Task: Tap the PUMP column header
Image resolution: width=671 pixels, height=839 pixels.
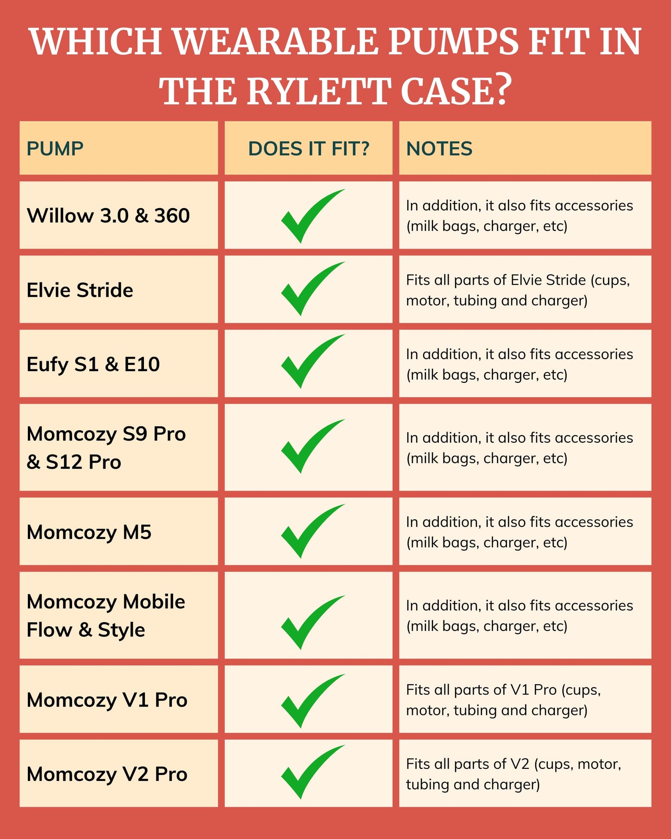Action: (x=55, y=149)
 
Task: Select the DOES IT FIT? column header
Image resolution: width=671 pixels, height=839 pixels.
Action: (x=309, y=149)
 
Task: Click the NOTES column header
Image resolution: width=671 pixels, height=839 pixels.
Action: (x=439, y=149)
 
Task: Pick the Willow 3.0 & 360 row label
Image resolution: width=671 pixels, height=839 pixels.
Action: (x=108, y=216)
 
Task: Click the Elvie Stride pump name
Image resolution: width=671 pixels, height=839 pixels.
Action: (x=80, y=290)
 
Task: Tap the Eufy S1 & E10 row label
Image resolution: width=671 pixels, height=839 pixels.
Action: (x=93, y=364)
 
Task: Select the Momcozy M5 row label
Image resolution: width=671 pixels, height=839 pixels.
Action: (x=89, y=532)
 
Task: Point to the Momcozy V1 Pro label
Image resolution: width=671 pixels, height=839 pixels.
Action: (x=107, y=700)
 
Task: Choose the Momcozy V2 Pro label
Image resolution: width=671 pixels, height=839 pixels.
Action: (x=107, y=774)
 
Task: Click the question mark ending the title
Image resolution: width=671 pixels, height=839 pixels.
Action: (x=502, y=90)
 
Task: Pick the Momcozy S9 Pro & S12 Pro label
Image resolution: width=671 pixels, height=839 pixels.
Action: (x=106, y=448)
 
